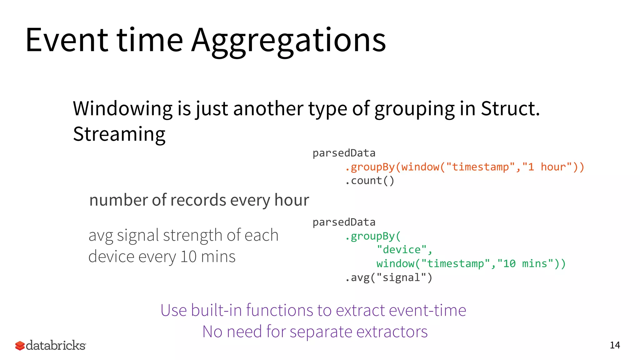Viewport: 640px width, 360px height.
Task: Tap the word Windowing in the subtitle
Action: [x=122, y=109]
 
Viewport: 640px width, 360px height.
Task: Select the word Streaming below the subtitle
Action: [x=119, y=134]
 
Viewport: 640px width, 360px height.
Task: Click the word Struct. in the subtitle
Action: [x=510, y=109]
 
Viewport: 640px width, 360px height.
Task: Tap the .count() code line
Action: [x=370, y=181]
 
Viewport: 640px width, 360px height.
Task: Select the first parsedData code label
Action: [x=344, y=153]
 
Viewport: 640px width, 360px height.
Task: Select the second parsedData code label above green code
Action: [x=344, y=222]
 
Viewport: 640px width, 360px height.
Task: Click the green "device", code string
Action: [x=404, y=250]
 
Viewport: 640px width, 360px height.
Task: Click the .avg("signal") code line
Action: [x=388, y=277]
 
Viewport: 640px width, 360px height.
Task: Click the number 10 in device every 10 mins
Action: [x=188, y=257]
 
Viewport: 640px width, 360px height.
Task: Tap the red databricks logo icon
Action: [x=20, y=346]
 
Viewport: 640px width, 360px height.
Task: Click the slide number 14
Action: [x=615, y=345]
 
